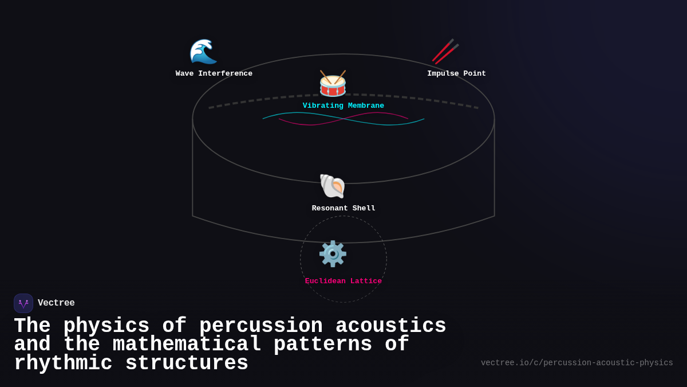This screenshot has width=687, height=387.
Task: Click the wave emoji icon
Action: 203,52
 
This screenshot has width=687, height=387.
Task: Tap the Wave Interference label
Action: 214,73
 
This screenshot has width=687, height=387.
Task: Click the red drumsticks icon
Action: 445,51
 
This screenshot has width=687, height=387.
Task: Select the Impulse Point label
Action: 456,73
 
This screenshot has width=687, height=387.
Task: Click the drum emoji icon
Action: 333,84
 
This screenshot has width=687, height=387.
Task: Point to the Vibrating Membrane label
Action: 343,105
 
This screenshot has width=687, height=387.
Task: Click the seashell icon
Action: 332,186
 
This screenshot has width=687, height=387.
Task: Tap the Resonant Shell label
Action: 343,208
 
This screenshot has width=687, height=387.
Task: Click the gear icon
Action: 333,253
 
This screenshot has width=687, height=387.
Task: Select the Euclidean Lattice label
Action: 343,281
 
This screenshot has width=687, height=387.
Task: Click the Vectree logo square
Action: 23,303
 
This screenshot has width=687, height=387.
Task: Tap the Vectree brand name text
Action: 56,303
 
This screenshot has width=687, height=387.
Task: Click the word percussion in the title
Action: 261,326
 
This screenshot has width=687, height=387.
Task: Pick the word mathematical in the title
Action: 187,345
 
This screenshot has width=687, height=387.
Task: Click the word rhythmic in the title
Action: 63,363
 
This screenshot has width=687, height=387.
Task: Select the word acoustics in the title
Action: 390,326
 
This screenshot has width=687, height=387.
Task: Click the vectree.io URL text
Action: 577,363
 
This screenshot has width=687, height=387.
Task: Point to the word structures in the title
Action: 187,363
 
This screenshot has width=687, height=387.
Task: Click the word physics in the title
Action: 106,326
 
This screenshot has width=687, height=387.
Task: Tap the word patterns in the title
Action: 323,345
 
